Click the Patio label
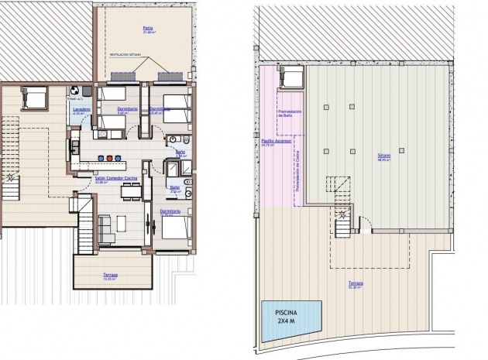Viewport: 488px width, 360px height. click(x=147, y=29)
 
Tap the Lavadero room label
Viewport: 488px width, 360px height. click(x=82, y=109)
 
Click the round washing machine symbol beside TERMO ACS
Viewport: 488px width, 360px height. click(x=75, y=91)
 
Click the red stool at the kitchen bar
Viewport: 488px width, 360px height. click(x=109, y=159)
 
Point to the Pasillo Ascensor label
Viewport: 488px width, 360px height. click(x=276, y=142)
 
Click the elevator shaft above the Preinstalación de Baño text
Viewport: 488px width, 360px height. click(x=292, y=77)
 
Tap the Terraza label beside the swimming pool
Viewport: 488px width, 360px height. click(x=355, y=284)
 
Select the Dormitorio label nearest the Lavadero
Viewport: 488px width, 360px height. click(x=127, y=109)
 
